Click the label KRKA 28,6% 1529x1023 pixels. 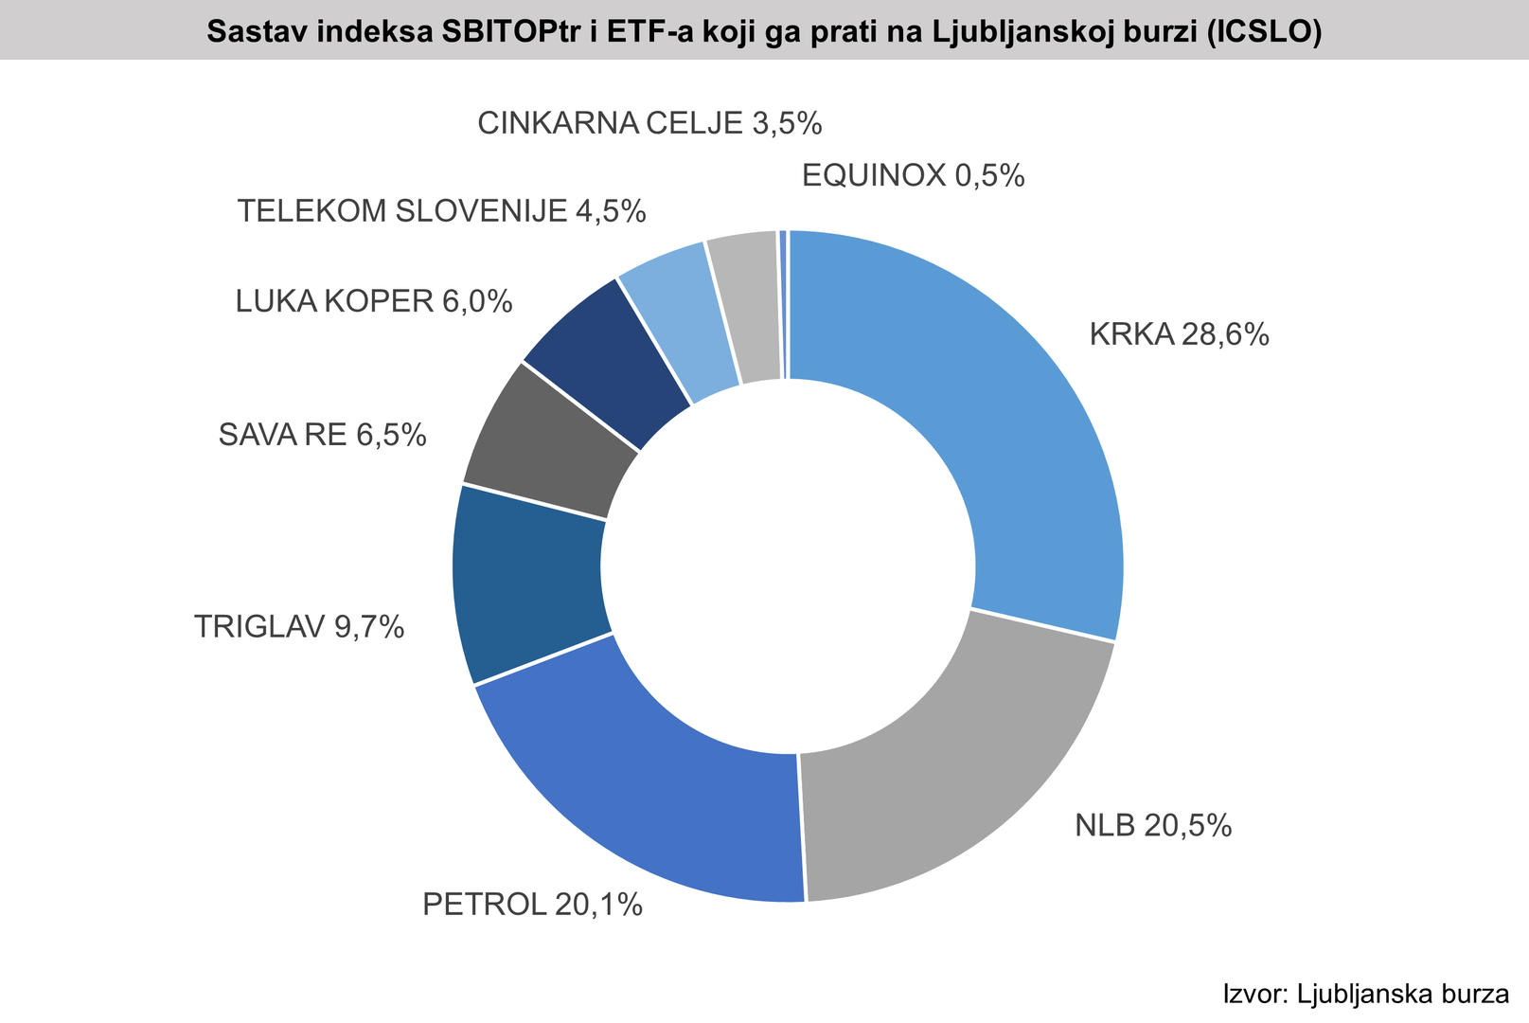[x=1179, y=334]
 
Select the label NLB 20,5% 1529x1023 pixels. [x=1153, y=826]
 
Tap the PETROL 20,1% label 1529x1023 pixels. [x=532, y=905]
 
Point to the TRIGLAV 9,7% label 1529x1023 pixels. [x=299, y=626]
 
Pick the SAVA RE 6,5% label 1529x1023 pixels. [x=322, y=435]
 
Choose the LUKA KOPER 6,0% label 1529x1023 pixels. [x=374, y=301]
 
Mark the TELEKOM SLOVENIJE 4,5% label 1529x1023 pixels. [x=441, y=210]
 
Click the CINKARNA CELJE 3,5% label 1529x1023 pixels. [x=649, y=123]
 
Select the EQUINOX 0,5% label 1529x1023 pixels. [x=913, y=175]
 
